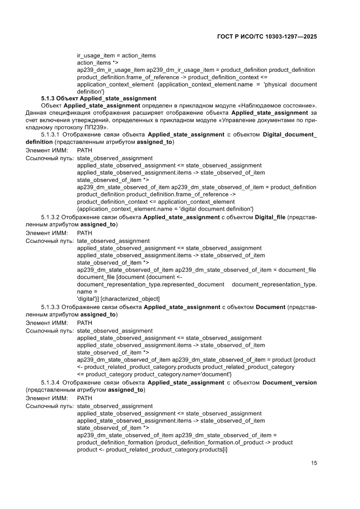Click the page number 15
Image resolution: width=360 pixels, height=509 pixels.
[x=313, y=463]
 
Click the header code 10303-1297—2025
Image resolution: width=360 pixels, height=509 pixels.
[x=288, y=37]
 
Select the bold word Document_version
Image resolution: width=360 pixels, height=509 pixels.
[x=289, y=382]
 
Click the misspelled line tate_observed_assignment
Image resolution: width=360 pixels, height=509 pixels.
[x=113, y=241]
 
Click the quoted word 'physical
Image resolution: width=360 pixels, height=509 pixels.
[x=276, y=84]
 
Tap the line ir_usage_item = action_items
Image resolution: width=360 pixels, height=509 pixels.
[x=116, y=56]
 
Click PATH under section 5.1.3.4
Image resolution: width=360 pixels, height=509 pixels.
[x=84, y=398]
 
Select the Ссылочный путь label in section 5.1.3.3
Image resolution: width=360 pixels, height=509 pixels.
[x=49, y=330]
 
